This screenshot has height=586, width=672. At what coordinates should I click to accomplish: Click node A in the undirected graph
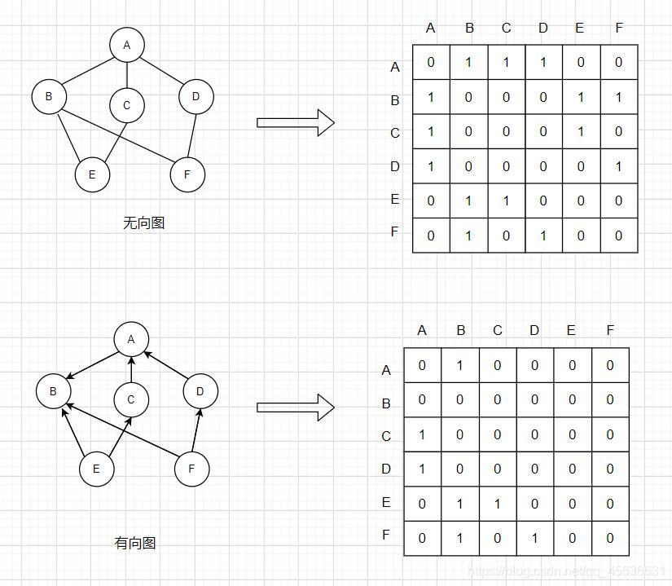click(126, 46)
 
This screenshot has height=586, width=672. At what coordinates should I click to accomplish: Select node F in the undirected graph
click(187, 174)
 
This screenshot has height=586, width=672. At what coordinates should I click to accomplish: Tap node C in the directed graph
click(131, 400)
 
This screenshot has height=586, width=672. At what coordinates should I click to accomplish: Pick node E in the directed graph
click(96, 469)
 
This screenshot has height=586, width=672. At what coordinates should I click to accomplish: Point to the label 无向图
click(143, 223)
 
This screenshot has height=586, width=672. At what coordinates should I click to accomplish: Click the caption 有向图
click(135, 543)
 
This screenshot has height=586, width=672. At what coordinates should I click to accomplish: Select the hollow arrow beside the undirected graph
click(295, 122)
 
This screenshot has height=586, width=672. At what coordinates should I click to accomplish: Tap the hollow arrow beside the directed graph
click(295, 408)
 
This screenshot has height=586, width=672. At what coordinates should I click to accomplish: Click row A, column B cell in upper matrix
click(468, 63)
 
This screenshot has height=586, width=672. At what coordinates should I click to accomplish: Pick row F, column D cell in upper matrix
click(543, 236)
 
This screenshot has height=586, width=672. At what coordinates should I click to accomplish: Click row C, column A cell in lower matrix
click(422, 435)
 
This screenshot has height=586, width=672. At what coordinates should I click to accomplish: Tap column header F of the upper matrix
click(619, 29)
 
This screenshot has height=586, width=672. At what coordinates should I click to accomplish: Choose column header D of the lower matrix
click(534, 331)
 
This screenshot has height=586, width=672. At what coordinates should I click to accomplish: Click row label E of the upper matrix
click(395, 200)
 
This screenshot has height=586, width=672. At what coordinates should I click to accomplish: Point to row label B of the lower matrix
click(386, 404)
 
